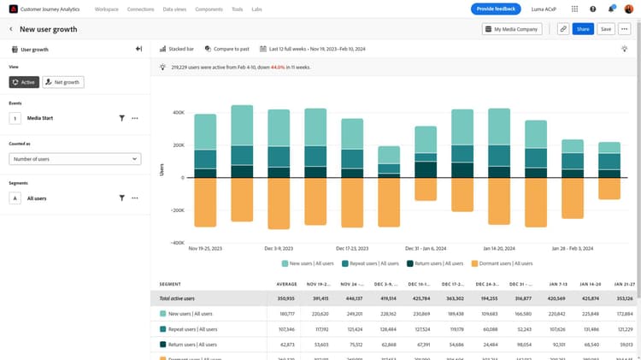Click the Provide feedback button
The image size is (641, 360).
pos(496,9)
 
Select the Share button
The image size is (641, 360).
pos(583,29)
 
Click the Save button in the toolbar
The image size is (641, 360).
pos(605,29)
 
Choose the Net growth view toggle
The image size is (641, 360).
pos(62,82)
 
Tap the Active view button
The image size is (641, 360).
pos(24,82)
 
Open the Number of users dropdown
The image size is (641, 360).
pos(75,159)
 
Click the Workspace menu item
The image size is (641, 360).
pos(107,9)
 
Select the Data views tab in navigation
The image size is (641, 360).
pos(175,9)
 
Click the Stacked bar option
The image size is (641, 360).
pos(177,50)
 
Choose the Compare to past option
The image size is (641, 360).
pos(226,50)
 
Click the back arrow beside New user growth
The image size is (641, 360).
pos(11,29)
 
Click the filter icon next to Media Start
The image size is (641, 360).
pos(122,118)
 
